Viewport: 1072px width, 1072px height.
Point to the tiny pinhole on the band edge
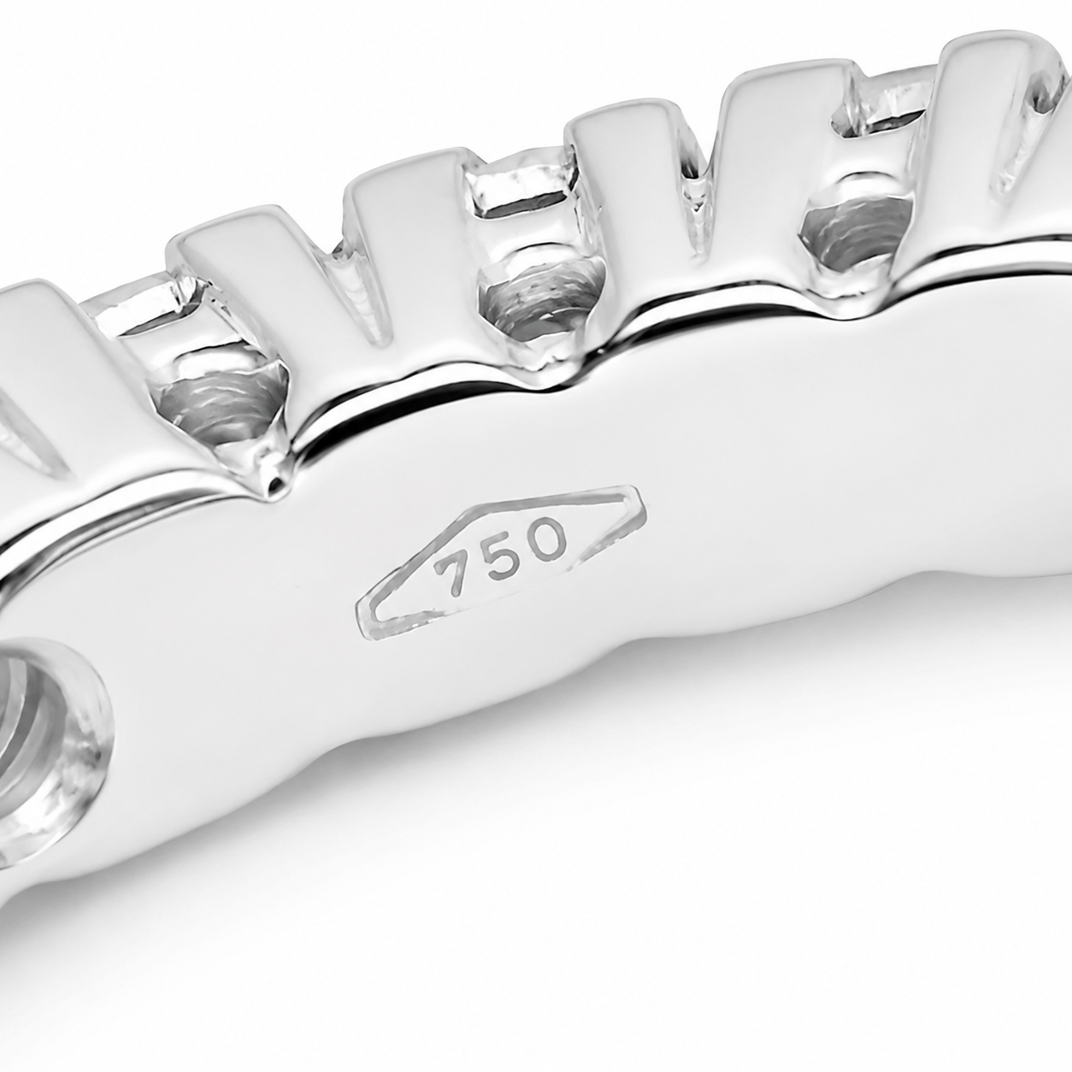[272, 486]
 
